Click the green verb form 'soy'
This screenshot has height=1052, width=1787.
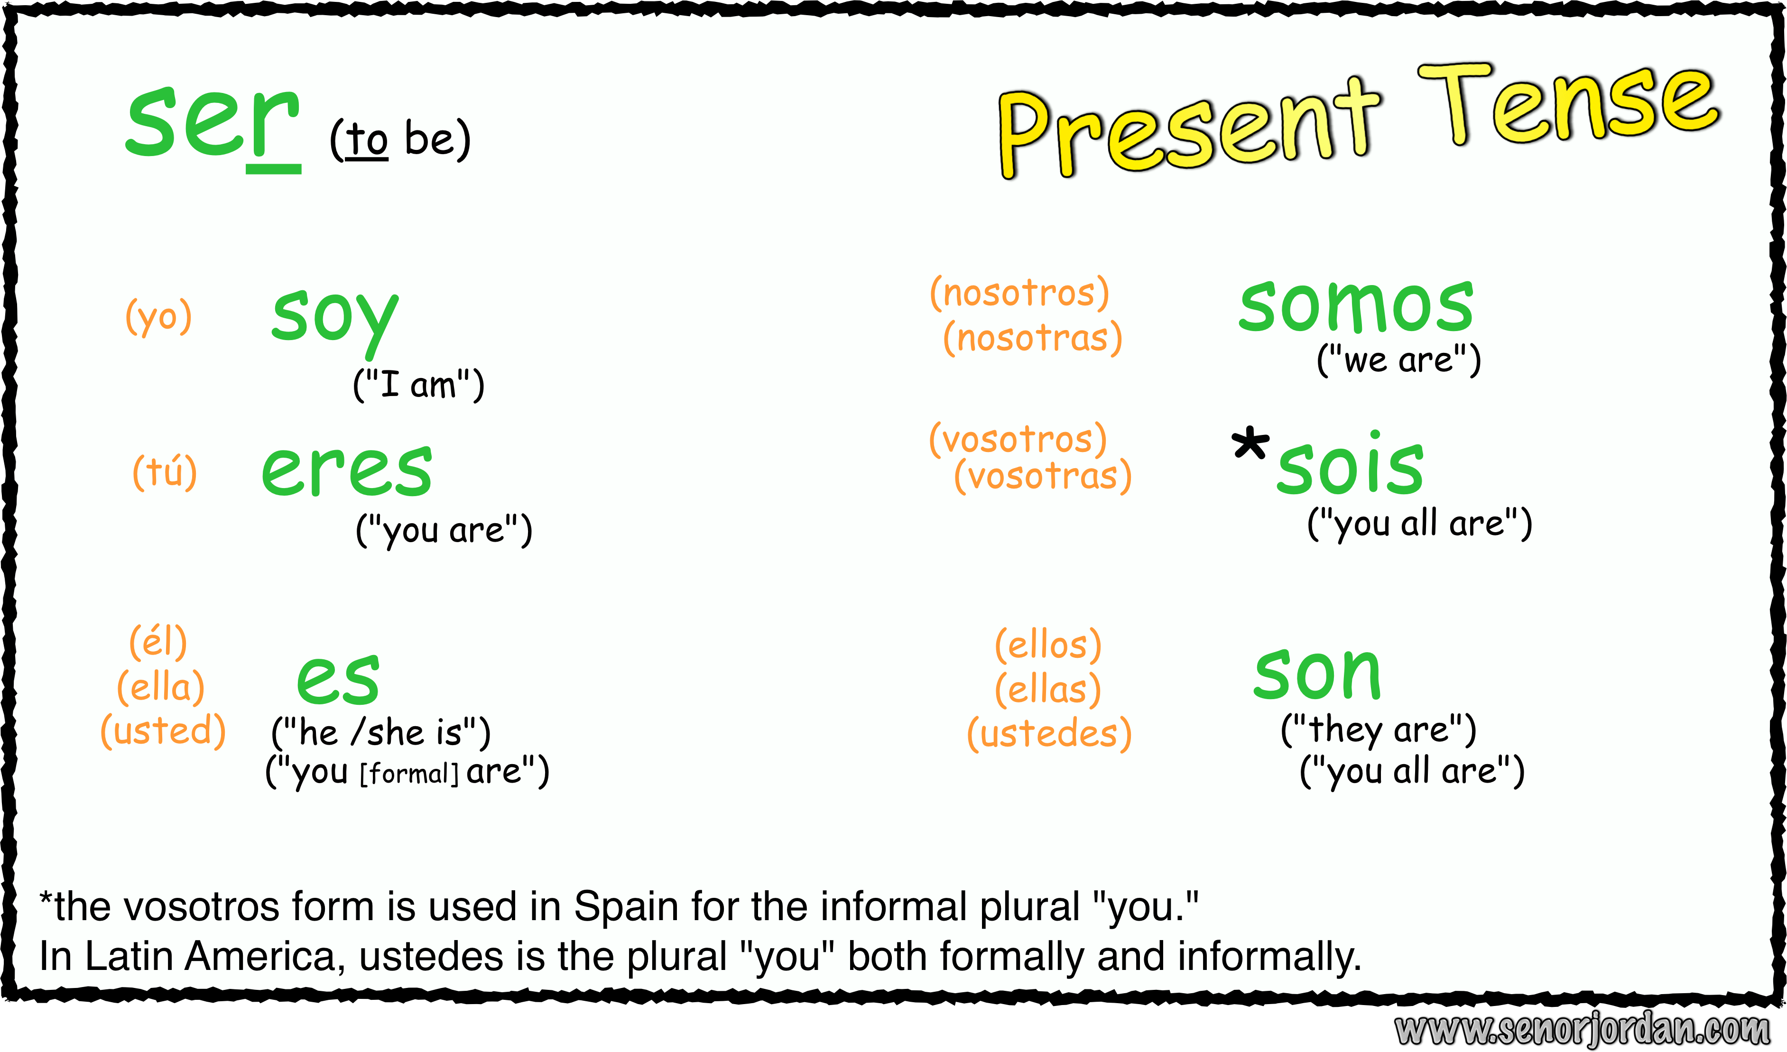[x=335, y=323]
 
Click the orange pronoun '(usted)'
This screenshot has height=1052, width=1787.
[x=163, y=731]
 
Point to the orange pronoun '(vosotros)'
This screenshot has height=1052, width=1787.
[x=1018, y=440]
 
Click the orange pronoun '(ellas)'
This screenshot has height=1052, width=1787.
[x=1048, y=689]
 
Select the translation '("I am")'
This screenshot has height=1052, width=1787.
[x=418, y=385]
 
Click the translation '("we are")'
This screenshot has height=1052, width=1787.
[x=1398, y=360]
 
